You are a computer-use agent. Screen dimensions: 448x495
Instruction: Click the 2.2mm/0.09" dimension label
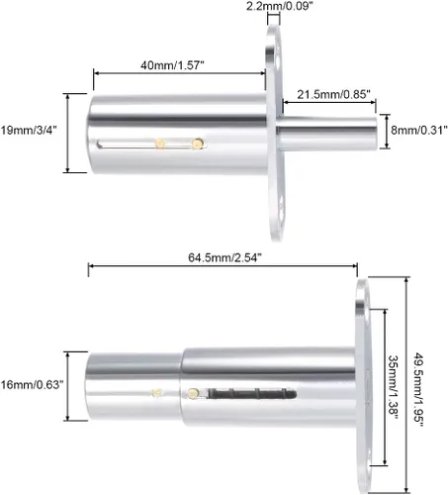pos(279,6)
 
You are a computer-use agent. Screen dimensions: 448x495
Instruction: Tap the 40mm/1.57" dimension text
pos(172,65)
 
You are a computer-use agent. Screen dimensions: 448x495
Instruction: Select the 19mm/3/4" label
pos(29,130)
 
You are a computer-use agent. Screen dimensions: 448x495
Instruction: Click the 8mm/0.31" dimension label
pos(419,130)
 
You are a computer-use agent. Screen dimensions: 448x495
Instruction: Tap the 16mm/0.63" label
pos(32,384)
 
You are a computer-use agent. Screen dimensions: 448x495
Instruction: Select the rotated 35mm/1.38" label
pos(394,387)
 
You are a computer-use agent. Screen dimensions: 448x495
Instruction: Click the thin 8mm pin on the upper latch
pos(327,133)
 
